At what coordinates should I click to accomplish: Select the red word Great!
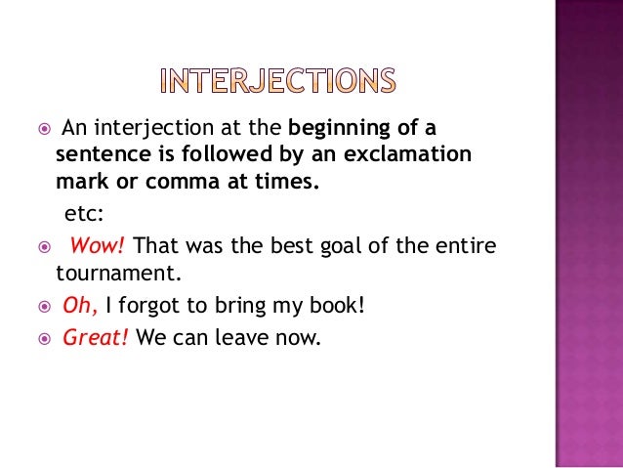(96, 337)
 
